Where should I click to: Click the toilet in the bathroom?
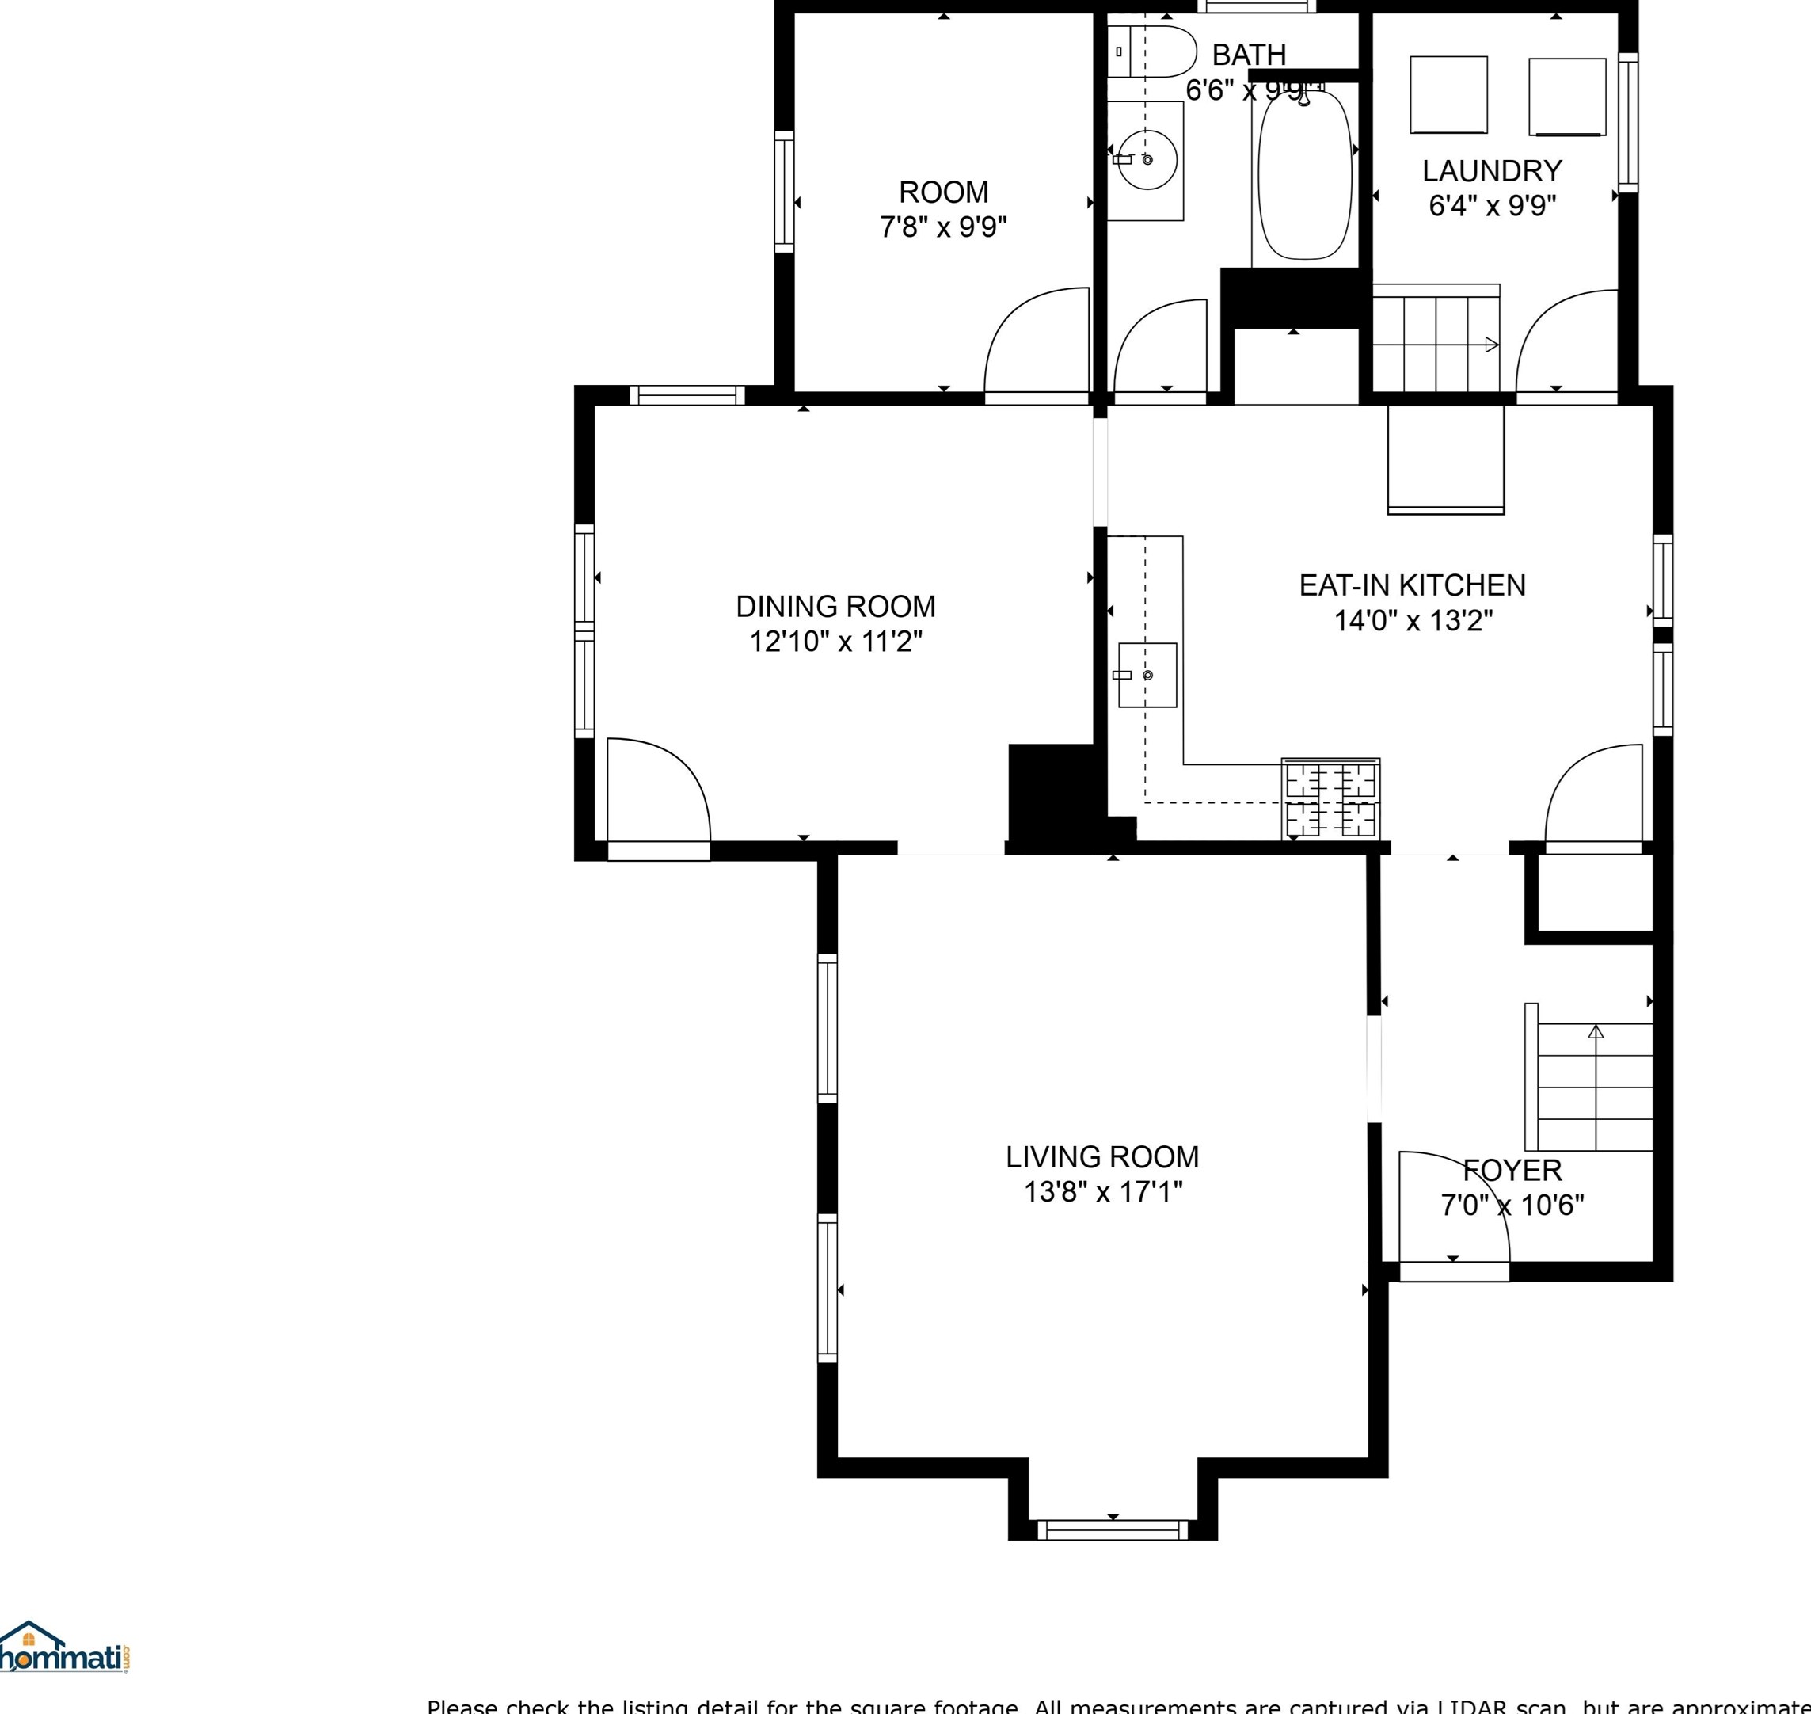[x=1152, y=52]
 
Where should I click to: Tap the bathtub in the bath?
[x=1304, y=173]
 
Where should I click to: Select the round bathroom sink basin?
[x=1147, y=160]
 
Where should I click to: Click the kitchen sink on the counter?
[x=1147, y=675]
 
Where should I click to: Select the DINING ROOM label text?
[x=835, y=607]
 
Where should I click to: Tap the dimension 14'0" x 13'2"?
[x=1413, y=621]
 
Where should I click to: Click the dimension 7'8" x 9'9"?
[x=943, y=227]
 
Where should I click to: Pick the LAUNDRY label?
[x=1491, y=171]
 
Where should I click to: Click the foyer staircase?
[x=1595, y=1087]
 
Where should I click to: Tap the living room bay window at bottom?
[x=1113, y=1529]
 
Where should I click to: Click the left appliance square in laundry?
[x=1448, y=95]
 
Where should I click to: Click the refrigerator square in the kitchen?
[x=1445, y=460]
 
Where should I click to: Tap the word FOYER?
[x=1512, y=1171]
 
